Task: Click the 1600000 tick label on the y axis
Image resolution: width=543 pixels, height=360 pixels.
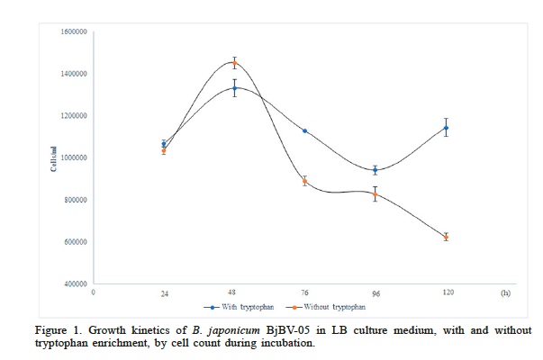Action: point(75,31)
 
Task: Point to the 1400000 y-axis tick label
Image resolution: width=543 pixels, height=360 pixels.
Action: point(75,74)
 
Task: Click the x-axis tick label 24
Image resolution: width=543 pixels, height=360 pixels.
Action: point(164,293)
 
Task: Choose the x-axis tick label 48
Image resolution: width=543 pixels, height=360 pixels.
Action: point(234,293)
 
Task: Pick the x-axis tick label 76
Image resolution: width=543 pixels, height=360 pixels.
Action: point(304,293)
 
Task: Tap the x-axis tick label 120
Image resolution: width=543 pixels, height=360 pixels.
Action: point(445,293)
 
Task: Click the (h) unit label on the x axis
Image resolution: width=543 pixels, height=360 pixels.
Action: point(505,293)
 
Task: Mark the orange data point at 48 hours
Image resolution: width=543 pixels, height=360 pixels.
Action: point(234,63)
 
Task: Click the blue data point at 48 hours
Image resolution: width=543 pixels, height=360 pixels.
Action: point(234,88)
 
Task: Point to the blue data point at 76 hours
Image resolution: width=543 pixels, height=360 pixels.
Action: point(304,130)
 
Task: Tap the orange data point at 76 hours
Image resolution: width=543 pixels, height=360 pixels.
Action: point(304,181)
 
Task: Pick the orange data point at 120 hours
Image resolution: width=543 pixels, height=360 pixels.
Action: point(445,237)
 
